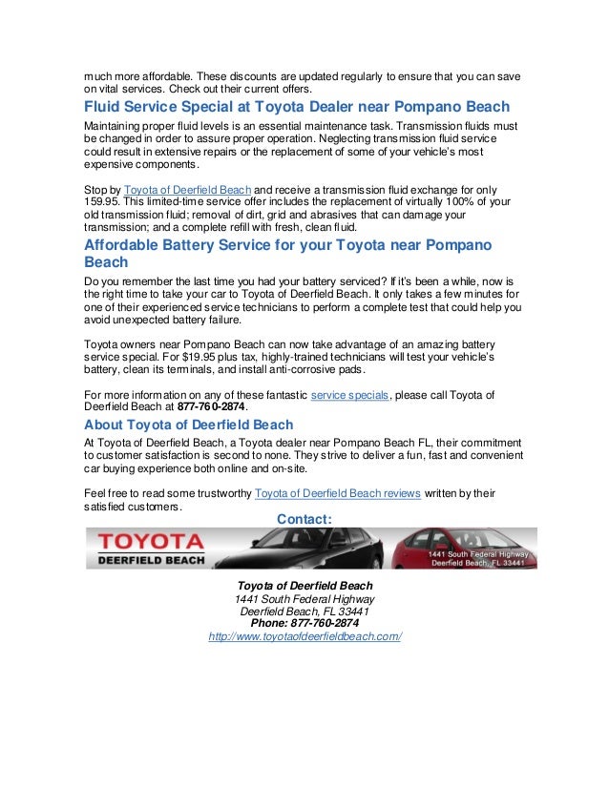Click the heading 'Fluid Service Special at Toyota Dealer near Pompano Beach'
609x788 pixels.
(x=297, y=106)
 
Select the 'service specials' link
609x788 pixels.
(x=349, y=394)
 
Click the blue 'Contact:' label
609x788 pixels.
(x=304, y=518)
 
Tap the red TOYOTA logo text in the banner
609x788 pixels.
(x=144, y=542)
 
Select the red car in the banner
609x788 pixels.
(x=449, y=546)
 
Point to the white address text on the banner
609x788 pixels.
(x=476, y=558)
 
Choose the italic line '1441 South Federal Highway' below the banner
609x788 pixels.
(x=304, y=598)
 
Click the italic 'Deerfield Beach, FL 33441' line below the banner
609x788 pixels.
(x=304, y=611)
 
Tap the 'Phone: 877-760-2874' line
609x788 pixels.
(x=304, y=623)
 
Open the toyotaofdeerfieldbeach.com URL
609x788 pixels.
(x=304, y=636)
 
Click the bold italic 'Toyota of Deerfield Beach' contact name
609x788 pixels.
(x=304, y=585)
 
